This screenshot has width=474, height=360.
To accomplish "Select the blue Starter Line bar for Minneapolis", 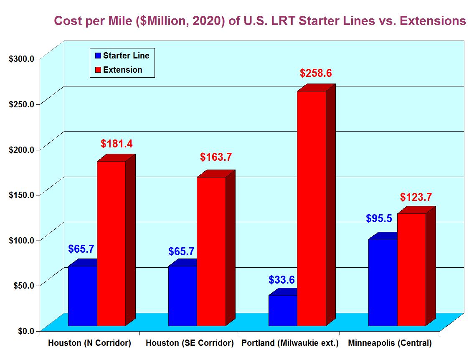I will [383, 282].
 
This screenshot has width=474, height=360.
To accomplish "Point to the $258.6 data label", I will [316, 74].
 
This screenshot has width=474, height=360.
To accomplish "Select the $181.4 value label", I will [117, 144].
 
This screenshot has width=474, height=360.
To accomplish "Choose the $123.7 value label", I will [416, 197].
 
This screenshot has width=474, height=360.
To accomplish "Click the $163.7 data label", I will [216, 157].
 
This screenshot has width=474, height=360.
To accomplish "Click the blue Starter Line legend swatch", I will [98, 56].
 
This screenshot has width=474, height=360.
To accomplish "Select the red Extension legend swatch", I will [98, 70].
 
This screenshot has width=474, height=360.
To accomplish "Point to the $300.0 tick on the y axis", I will [22, 58].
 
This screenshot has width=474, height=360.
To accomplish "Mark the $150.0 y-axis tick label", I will [22, 195].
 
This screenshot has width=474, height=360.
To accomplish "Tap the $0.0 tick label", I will [26, 331].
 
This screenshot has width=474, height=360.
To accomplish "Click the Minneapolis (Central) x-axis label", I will [390, 343].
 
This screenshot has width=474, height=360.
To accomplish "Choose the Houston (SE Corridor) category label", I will [190, 343].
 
